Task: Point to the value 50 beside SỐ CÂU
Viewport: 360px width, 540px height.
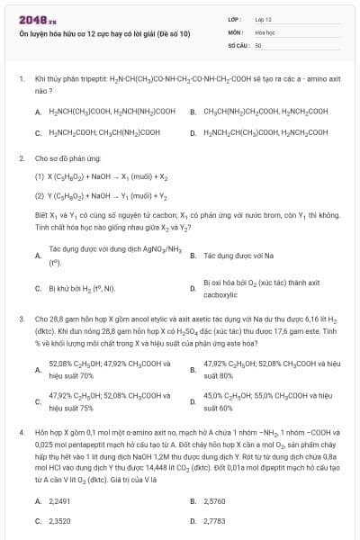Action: tap(257, 44)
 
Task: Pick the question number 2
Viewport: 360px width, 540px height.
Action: tap(22, 158)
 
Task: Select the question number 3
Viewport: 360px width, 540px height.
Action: tap(22, 318)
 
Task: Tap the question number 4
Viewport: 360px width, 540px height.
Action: tap(22, 432)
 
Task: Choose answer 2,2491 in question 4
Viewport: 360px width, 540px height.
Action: tap(59, 500)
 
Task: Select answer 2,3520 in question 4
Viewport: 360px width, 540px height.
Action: tap(59, 520)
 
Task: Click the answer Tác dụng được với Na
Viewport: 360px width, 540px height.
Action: tap(236, 256)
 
